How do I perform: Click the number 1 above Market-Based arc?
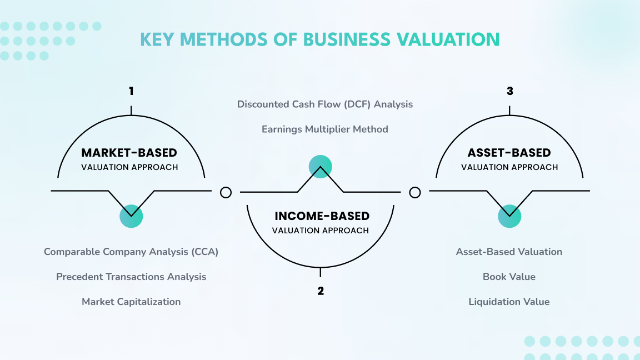pyautogui.click(x=131, y=91)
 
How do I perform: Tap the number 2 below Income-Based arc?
pyautogui.click(x=321, y=291)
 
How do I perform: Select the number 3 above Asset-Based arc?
pyautogui.click(x=510, y=91)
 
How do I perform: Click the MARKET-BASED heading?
pyautogui.click(x=129, y=153)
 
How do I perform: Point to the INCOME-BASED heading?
pyautogui.click(x=322, y=216)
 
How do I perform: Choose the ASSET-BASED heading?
pyautogui.click(x=509, y=153)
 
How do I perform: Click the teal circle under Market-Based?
pyautogui.click(x=131, y=216)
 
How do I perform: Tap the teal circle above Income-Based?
pyautogui.click(x=321, y=167)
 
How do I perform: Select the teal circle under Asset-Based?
pyautogui.click(x=509, y=216)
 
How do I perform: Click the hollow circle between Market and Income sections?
pyautogui.click(x=226, y=193)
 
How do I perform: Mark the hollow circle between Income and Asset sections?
pyautogui.click(x=414, y=193)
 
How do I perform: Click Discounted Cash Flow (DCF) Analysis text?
pyautogui.click(x=325, y=104)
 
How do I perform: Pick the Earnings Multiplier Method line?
pyautogui.click(x=325, y=129)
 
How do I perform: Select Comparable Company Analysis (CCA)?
pyautogui.click(x=131, y=252)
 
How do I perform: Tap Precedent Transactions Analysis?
pyautogui.click(x=131, y=277)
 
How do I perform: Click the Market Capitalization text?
pyautogui.click(x=131, y=302)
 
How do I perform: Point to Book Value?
pyautogui.click(x=509, y=277)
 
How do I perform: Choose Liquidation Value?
pyautogui.click(x=509, y=302)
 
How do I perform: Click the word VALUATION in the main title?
pyautogui.click(x=448, y=39)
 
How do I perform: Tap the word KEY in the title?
pyautogui.click(x=157, y=39)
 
